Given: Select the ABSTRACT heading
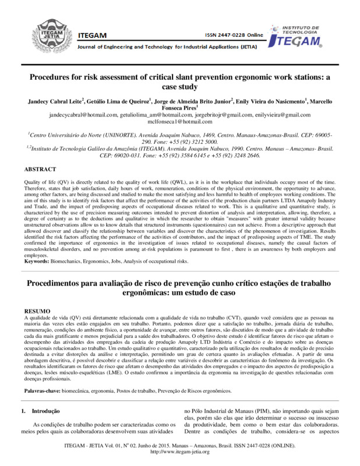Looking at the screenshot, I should point(40,169).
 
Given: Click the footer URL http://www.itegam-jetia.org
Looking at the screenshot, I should point(179,452).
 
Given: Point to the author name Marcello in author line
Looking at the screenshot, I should point(317,100).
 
